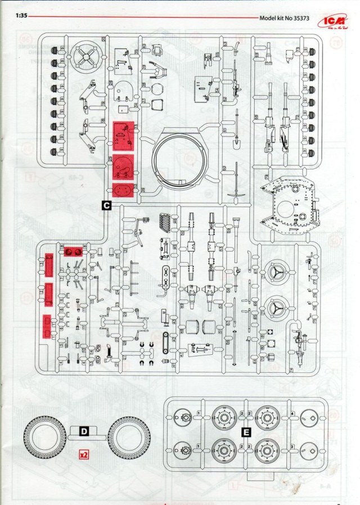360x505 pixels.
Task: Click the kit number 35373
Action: [298, 17]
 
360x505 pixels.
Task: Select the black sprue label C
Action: [106, 206]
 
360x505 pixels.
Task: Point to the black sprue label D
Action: [84, 431]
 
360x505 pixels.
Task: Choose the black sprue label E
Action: [246, 432]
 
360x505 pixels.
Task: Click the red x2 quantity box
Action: [84, 453]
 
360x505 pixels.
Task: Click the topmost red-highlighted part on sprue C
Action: [123, 134]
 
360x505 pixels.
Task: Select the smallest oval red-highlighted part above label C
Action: [123, 190]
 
